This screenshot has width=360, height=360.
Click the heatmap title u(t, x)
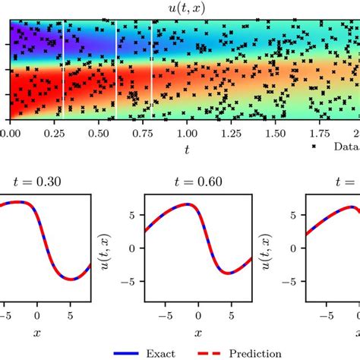click(186, 9)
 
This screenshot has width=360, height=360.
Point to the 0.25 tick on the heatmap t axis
click(53, 133)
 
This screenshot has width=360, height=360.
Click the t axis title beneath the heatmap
click(186, 150)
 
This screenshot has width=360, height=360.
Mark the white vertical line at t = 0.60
click(116, 70)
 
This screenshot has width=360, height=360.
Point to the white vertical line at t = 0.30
click(63, 70)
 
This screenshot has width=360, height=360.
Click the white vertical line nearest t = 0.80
click(151, 70)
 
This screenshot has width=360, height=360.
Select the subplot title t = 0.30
click(46, 182)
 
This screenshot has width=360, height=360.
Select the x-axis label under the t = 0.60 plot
click(197, 333)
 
